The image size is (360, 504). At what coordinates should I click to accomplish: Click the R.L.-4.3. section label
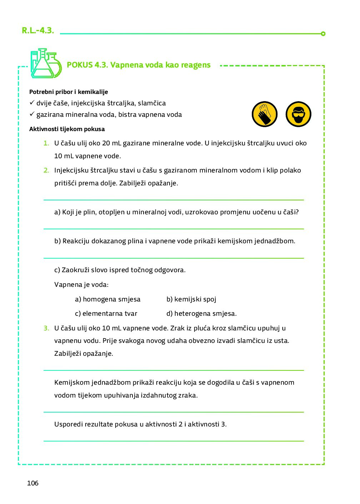(x=38, y=31)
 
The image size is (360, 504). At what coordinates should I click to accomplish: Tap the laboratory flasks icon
(x=45, y=64)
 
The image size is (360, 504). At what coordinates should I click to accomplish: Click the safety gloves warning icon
(x=265, y=114)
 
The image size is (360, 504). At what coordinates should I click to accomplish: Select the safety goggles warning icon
(x=299, y=114)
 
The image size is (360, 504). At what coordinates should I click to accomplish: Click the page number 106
(x=32, y=483)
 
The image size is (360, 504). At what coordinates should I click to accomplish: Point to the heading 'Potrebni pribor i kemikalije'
(x=69, y=92)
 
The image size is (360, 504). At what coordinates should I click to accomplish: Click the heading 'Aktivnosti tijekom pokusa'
(x=67, y=129)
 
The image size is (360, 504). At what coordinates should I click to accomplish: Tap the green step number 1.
(x=46, y=143)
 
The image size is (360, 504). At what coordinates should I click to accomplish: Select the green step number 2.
(x=46, y=170)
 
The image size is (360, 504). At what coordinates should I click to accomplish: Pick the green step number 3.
(x=46, y=328)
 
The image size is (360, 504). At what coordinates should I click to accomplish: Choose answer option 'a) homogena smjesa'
(x=107, y=299)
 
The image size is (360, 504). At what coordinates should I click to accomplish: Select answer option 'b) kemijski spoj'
(x=191, y=299)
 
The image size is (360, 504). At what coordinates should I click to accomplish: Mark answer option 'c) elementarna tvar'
(x=106, y=314)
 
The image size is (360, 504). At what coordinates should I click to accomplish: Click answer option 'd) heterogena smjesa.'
(x=201, y=314)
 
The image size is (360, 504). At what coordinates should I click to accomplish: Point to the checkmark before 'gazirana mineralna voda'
(x=32, y=114)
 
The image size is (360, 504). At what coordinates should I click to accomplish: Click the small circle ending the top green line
(x=323, y=34)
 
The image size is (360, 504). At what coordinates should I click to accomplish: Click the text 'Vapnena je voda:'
(x=81, y=285)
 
